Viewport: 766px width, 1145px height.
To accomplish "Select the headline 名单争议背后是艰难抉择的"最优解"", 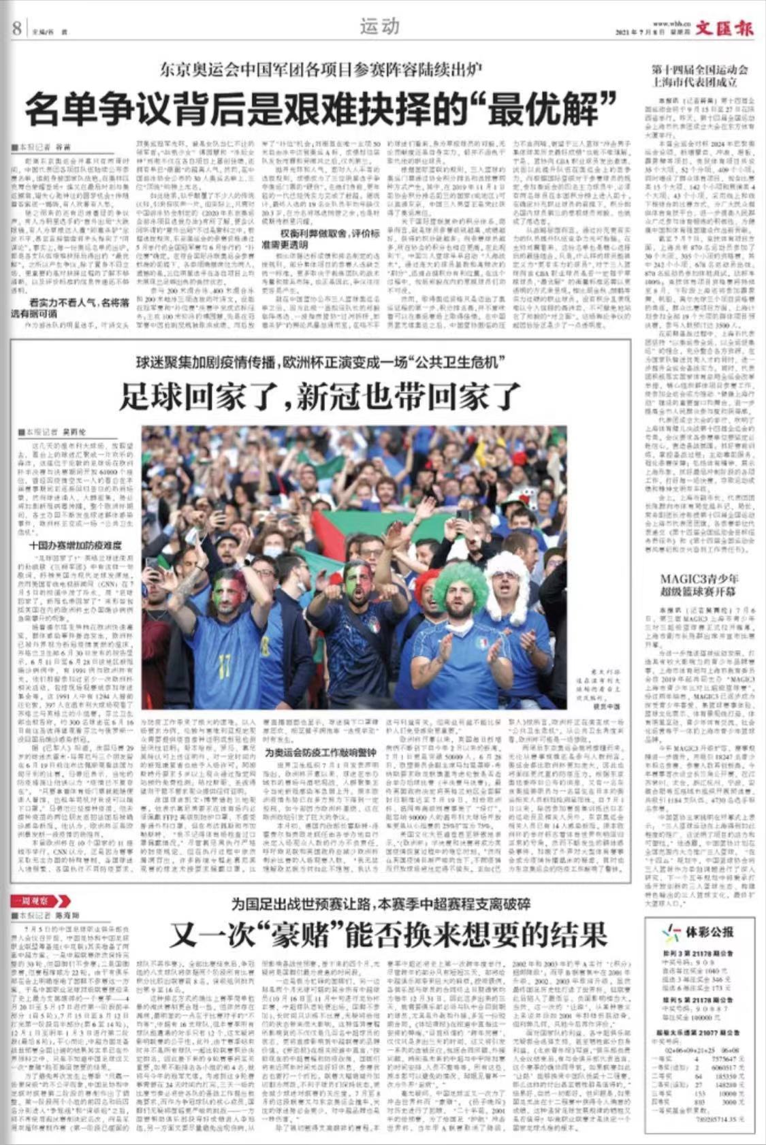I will (x=320, y=109).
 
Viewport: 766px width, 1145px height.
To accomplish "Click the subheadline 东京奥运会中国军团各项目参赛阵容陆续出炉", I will (x=320, y=69).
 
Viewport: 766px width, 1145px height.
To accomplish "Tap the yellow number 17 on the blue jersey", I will (x=222, y=661).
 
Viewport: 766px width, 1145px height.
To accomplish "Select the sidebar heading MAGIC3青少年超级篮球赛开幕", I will (x=699, y=585).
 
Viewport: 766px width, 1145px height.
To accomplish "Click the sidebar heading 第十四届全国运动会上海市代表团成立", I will (x=699, y=76).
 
